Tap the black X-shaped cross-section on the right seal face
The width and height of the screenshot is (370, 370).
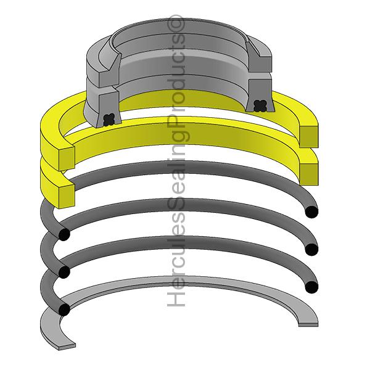260,105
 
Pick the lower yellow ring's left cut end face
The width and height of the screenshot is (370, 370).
67,196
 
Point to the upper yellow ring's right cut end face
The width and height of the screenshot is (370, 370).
309,136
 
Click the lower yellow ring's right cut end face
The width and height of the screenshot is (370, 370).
309,174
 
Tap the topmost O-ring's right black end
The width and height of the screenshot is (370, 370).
311,212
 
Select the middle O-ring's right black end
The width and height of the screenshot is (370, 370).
311,249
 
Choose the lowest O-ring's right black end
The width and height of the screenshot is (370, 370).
311,287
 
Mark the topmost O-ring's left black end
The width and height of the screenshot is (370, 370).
64,234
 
